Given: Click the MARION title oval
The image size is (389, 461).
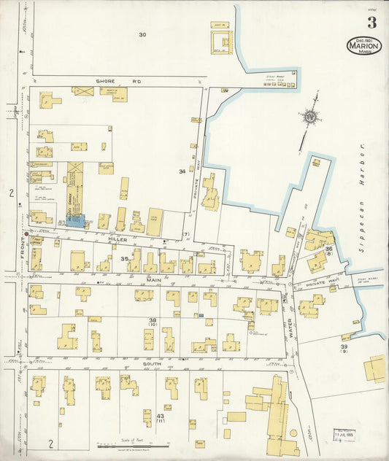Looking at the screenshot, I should (x=363, y=45).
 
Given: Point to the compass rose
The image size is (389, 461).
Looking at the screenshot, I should (x=311, y=115).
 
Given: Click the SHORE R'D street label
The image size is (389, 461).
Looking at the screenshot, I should (x=112, y=80).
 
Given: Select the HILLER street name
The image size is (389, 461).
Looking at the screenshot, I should (x=118, y=239).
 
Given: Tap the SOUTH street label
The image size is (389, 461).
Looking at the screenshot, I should (x=152, y=363).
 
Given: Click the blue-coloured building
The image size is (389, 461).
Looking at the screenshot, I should (x=76, y=220).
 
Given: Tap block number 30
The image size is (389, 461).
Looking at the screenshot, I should (x=142, y=34).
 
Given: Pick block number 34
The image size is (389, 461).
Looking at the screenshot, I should (x=182, y=171).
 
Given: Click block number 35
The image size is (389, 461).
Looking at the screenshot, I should (x=125, y=258).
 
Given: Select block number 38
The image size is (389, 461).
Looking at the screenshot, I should (x=153, y=321).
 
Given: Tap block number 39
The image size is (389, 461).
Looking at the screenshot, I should (x=344, y=347).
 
